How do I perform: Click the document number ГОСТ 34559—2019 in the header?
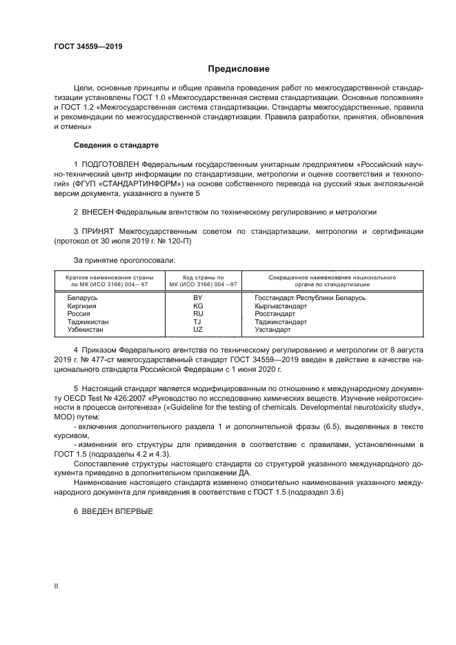(88, 47)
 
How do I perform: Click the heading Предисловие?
(239, 69)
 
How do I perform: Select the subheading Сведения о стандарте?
(116, 146)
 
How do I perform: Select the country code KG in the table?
(197, 306)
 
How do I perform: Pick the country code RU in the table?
(197, 314)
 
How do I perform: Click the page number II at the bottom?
(56, 585)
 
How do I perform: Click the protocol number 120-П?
(181, 243)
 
